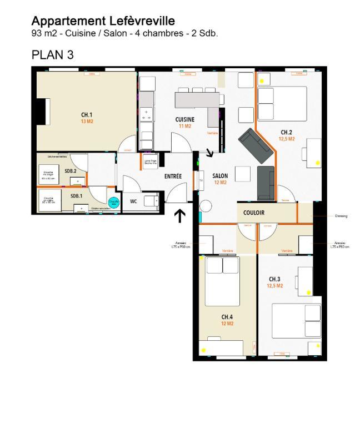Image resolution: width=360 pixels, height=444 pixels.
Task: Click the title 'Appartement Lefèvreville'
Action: click(x=103, y=21)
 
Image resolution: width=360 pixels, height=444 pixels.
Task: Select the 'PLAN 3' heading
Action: click(x=53, y=55)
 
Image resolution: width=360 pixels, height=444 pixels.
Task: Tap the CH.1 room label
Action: click(x=87, y=115)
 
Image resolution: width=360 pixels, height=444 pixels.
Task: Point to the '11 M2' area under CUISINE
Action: click(x=185, y=126)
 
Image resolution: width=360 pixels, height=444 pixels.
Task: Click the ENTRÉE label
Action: click(x=173, y=176)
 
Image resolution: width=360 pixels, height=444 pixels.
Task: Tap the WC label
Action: click(x=133, y=201)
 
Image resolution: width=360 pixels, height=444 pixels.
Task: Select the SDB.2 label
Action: click(x=70, y=171)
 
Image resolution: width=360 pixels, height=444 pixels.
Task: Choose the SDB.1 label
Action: click(x=76, y=196)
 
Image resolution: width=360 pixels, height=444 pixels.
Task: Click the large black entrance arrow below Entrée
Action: click(x=180, y=215)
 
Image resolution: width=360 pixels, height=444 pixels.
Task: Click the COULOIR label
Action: click(x=254, y=213)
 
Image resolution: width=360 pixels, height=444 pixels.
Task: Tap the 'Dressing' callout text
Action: click(x=341, y=216)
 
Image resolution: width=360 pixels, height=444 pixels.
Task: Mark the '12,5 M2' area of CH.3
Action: click(x=274, y=286)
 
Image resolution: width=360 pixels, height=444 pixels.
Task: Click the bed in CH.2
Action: click(x=283, y=104)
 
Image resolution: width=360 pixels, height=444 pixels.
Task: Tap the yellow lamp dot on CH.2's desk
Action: click(x=317, y=163)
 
